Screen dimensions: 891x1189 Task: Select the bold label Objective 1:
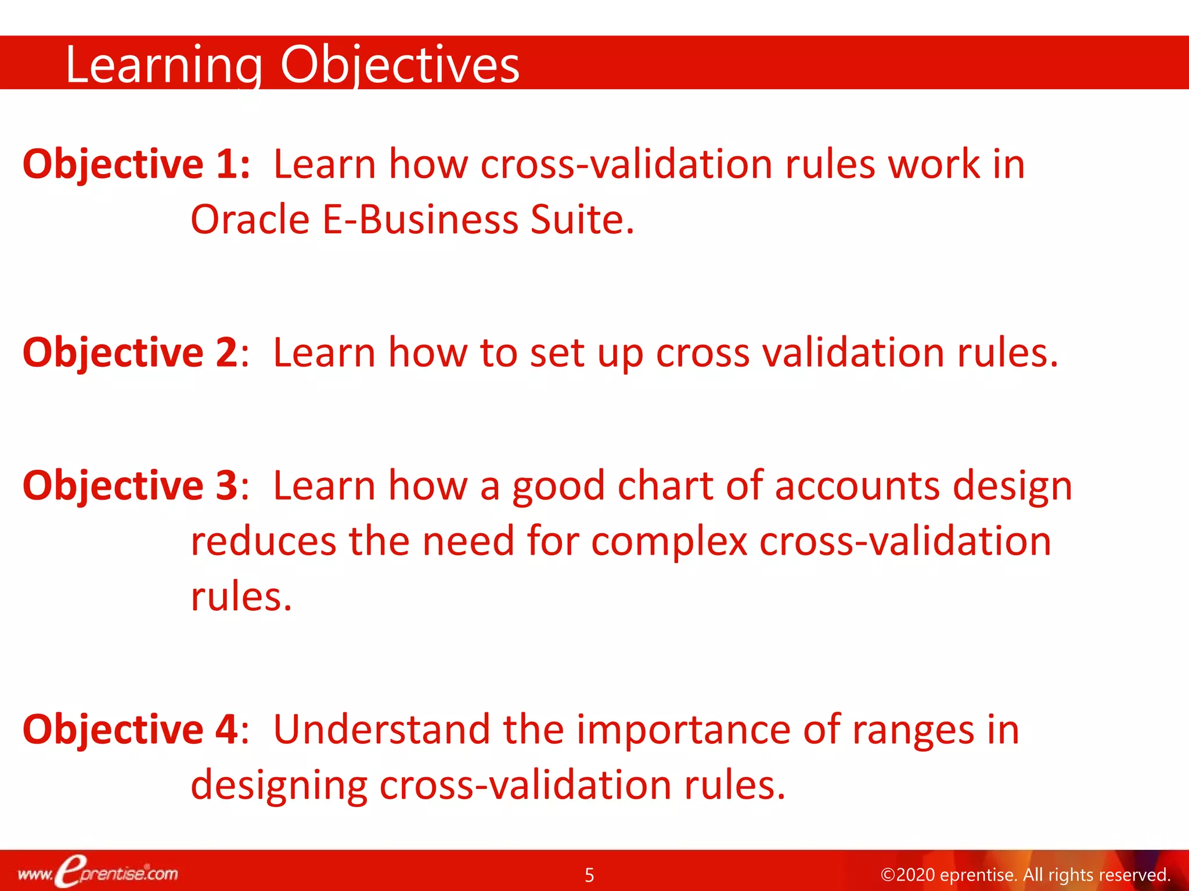[136, 165]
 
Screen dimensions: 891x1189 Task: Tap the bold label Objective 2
[130, 353]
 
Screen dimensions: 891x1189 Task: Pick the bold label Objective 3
[130, 486]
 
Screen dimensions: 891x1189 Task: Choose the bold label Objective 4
[130, 730]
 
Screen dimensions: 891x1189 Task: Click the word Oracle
[250, 220]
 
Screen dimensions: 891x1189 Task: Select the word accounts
[857, 486]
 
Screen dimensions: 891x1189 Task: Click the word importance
[683, 730]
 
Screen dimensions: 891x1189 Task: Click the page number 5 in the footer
[589, 875]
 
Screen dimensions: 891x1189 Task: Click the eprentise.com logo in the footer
[98, 872]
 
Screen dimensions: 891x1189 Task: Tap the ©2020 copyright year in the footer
[908, 875]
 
